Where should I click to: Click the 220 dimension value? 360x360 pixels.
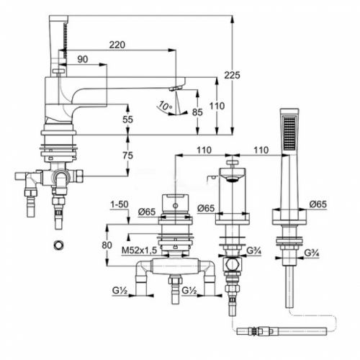click(117, 45)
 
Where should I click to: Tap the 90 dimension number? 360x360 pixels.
click(83, 59)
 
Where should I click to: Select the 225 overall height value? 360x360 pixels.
click(232, 75)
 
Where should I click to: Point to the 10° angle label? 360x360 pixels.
click(165, 106)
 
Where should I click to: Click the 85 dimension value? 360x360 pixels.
click(197, 112)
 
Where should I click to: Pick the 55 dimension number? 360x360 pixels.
click(127, 120)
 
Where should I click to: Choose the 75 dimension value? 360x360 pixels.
click(127, 156)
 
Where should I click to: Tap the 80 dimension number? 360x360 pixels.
click(107, 246)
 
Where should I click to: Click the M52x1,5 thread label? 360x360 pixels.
click(139, 251)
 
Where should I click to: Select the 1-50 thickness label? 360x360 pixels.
click(120, 204)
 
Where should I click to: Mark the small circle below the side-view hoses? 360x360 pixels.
click(58, 246)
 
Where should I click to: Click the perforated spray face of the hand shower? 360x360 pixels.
click(289, 132)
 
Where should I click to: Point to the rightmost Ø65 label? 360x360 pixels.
click(318, 204)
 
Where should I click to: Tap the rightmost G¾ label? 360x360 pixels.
click(312, 253)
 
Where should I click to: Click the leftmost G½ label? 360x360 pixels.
click(120, 291)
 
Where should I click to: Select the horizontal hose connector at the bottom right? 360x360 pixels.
click(282, 331)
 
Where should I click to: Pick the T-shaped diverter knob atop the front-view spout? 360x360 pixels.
click(232, 163)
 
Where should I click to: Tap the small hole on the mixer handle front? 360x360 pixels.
click(176, 206)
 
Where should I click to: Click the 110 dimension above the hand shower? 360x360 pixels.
click(261, 150)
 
